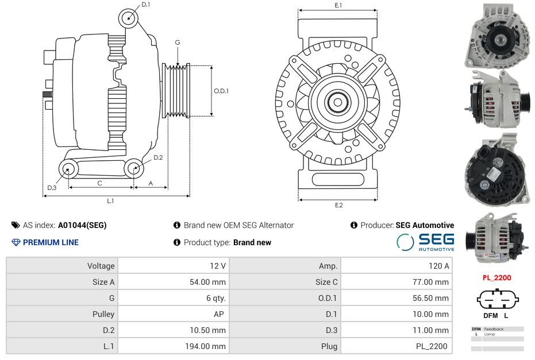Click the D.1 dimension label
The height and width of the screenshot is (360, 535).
pos(145,5)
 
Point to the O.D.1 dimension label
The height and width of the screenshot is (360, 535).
pos(222,91)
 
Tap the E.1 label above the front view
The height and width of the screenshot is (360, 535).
pos(338,5)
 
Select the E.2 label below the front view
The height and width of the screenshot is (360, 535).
pos(338,206)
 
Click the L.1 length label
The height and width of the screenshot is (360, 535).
pos(110,201)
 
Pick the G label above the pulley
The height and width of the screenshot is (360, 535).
pos(178,42)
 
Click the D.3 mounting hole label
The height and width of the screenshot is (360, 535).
pos(52,188)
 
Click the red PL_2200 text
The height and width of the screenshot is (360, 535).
pos(496,278)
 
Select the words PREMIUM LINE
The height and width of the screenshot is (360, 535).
pos(51,242)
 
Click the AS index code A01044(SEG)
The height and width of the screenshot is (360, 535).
pos(82,225)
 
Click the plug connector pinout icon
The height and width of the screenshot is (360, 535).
pos(496,300)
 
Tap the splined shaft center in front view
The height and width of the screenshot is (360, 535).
pos(338,103)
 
